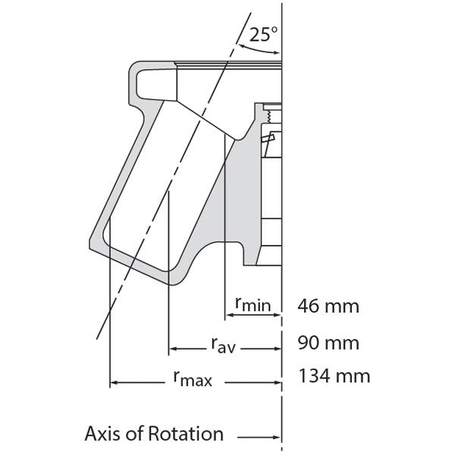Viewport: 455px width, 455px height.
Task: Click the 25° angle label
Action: coord(265,34)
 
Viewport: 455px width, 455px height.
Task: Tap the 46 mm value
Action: coord(328,307)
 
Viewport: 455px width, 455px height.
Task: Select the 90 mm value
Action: coord(328,342)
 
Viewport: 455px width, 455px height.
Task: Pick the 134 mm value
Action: coord(334,375)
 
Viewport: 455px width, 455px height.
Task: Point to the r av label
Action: coord(221,347)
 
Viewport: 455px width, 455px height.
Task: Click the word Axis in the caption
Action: coord(105,435)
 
